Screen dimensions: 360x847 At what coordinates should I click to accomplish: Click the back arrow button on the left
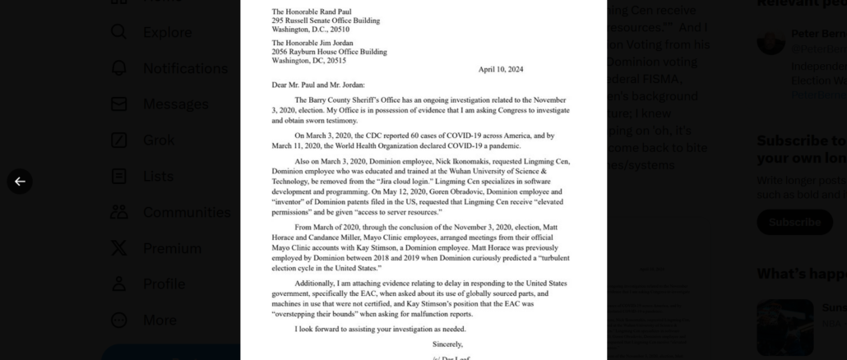coord(20,182)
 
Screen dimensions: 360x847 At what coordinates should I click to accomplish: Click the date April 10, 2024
coord(500,70)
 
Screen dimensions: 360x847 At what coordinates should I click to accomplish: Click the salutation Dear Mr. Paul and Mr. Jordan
coord(318,85)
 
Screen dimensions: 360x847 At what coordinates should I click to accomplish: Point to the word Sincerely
coord(447,344)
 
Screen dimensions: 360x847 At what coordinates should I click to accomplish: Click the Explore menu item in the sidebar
coord(167,32)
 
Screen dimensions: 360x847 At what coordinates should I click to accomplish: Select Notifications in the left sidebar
coord(185,68)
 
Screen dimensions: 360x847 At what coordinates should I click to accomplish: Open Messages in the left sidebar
coord(175,104)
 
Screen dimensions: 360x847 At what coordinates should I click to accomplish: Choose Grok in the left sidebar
coord(160,140)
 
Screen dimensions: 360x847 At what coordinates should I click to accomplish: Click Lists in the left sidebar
coord(158,176)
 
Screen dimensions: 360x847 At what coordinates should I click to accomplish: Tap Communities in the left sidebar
coord(187,212)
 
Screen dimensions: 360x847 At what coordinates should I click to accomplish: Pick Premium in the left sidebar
coord(172,248)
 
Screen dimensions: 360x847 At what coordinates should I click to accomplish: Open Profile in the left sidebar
coord(164,284)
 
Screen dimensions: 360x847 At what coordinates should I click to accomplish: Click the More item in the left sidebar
coord(160,320)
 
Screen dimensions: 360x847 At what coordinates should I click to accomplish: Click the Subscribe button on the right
coord(794,222)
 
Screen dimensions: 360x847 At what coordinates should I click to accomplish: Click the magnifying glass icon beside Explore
coord(119,32)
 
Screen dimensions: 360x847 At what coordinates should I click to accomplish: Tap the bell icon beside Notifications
coord(119,68)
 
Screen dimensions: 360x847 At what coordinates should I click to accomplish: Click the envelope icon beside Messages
coord(119,104)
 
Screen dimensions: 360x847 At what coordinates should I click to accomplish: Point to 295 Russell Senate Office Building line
coord(326,21)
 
